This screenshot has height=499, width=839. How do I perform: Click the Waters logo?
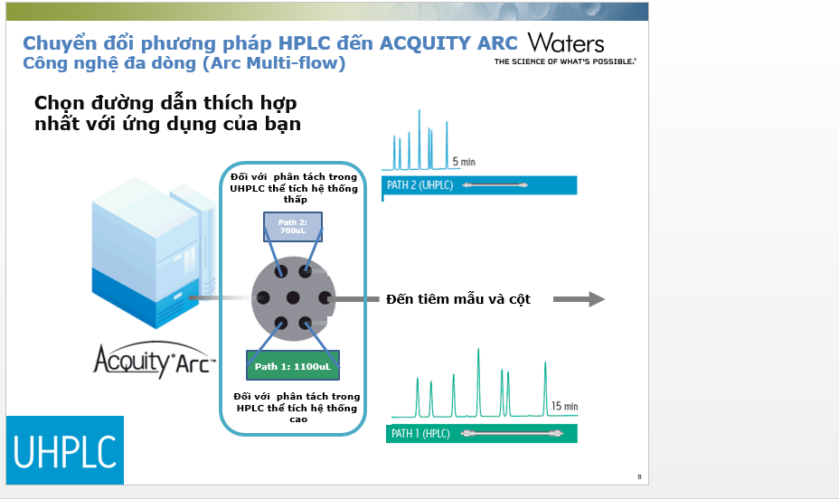click(x=566, y=48)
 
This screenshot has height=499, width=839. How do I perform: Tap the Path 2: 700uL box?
click(x=293, y=227)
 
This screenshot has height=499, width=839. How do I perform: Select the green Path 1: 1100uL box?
click(x=293, y=365)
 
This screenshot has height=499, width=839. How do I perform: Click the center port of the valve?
click(x=293, y=298)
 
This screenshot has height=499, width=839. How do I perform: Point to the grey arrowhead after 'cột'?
click(x=597, y=299)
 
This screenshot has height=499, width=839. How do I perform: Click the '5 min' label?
click(x=464, y=162)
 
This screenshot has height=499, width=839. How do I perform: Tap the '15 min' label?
click(x=564, y=406)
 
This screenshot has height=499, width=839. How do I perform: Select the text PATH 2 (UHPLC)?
click(x=420, y=185)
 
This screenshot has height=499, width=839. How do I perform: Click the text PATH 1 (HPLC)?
click(x=420, y=433)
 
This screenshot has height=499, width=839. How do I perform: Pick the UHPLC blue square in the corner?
click(x=65, y=450)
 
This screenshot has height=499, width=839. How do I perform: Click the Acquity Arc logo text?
click(x=154, y=360)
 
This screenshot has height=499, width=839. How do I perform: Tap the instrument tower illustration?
click(x=154, y=252)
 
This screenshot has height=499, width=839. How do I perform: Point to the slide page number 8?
click(x=639, y=476)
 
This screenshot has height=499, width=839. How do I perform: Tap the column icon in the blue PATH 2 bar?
click(x=495, y=185)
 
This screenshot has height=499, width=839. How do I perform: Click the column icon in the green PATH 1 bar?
click(x=512, y=433)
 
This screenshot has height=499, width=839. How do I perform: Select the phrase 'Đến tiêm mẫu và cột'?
click(x=458, y=299)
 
